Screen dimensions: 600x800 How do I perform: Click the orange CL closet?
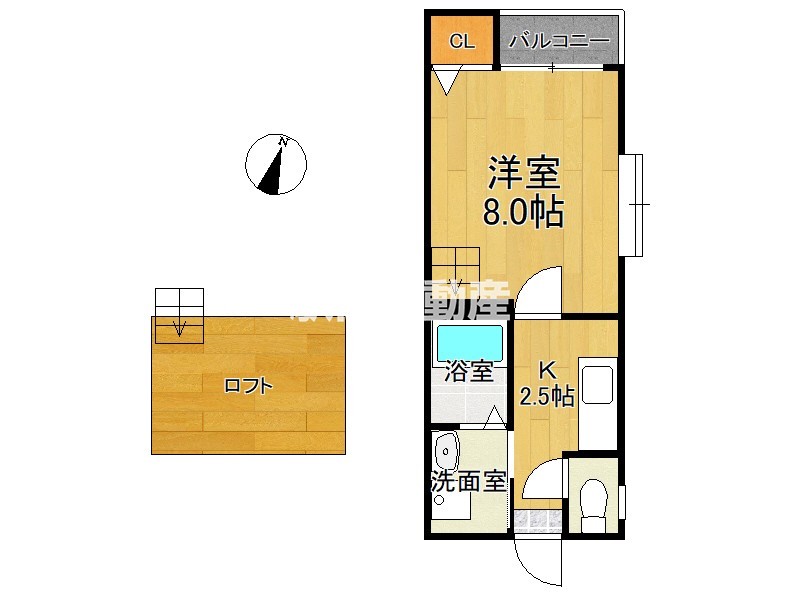461,41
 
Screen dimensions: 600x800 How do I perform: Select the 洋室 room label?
522,174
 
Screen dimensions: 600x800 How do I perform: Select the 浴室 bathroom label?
468,372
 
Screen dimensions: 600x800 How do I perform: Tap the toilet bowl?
594,498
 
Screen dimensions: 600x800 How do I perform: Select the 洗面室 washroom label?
468,481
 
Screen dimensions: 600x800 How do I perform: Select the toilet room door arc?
544,478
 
